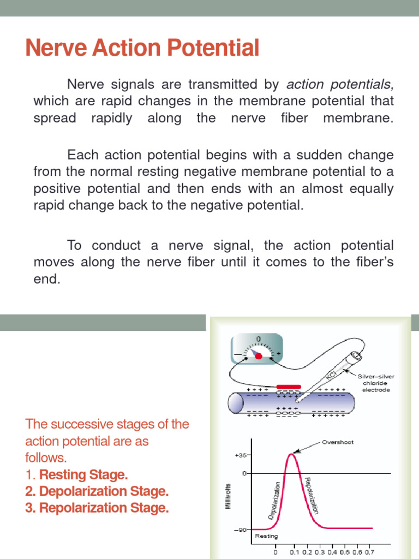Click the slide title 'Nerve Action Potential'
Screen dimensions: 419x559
point(142,49)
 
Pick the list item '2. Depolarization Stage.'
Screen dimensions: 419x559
point(97,491)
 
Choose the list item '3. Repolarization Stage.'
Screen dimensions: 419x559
point(97,508)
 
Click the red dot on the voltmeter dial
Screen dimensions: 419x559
point(259,355)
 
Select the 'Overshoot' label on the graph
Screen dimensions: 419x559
point(338,442)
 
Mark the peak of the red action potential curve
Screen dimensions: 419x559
point(292,453)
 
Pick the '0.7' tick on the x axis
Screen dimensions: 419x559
point(369,552)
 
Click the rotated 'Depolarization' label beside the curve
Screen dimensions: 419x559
point(275,499)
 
